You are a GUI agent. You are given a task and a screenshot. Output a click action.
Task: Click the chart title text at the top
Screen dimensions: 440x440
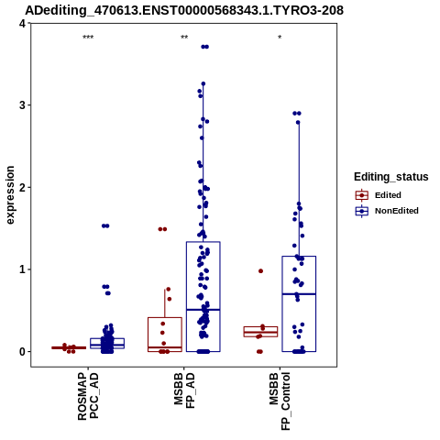[x=184, y=10]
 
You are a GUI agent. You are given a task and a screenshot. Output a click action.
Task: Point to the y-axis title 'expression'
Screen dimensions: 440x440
[x=10, y=195]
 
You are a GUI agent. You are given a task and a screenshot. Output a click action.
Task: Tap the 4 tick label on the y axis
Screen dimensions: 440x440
[x=22, y=23]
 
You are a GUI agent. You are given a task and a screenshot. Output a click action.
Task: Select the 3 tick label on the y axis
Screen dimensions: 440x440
[x=22, y=105]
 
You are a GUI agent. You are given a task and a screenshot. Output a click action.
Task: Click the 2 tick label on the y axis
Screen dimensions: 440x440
[x=22, y=187]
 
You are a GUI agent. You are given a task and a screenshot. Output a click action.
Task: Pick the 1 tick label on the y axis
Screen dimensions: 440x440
[x=22, y=269]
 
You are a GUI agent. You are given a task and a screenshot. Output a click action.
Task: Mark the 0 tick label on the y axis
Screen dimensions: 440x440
[x=22, y=352]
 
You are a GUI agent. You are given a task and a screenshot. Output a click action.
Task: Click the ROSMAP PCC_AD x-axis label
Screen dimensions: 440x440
[x=88, y=396]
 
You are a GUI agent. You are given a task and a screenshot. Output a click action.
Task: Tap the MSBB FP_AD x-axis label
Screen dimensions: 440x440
[x=184, y=390]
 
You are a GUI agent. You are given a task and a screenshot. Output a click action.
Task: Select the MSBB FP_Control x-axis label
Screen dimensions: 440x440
[x=280, y=401]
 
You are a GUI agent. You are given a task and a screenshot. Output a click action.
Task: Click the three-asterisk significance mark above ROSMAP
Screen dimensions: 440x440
[x=88, y=38]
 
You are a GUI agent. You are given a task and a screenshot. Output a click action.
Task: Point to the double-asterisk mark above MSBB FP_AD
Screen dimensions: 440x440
[x=184, y=38]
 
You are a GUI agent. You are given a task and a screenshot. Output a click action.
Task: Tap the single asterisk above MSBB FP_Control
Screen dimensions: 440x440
[x=280, y=38]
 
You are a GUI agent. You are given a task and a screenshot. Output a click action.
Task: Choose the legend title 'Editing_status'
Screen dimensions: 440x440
[x=391, y=177]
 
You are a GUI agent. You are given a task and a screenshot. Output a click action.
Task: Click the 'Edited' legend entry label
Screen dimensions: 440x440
[x=388, y=195]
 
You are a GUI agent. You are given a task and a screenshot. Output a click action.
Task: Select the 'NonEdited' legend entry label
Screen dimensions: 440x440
[x=397, y=211]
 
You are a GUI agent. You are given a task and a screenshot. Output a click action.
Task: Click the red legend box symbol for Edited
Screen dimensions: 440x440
[x=362, y=195]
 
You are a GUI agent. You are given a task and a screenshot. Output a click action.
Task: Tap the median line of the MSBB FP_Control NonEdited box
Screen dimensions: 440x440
[x=299, y=294]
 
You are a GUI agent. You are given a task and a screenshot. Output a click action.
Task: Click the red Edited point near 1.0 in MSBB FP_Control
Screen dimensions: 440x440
[x=260, y=271]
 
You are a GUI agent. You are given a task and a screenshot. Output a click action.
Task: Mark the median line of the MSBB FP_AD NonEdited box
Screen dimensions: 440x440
[x=203, y=310]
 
